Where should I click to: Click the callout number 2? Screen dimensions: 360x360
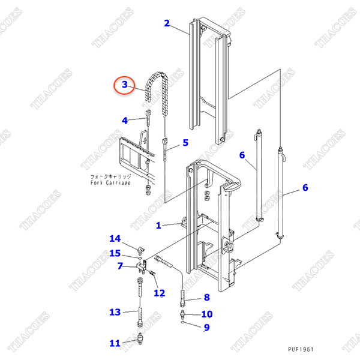167,24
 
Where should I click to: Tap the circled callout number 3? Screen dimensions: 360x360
125,85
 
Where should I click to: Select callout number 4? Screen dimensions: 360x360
125,121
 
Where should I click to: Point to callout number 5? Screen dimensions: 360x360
185,143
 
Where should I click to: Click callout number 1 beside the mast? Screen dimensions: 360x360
158,226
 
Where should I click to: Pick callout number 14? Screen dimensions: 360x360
115,239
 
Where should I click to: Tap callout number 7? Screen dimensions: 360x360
120,266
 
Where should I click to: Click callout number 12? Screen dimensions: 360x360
159,293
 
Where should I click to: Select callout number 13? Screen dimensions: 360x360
115,312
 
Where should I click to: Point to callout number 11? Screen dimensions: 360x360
115,343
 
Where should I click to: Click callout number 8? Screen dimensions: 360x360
206,297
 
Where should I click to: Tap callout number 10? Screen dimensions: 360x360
206,314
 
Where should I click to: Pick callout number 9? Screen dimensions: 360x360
206,328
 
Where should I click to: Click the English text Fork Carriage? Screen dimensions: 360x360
110,184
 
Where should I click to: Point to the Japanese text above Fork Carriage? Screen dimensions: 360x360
110,177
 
